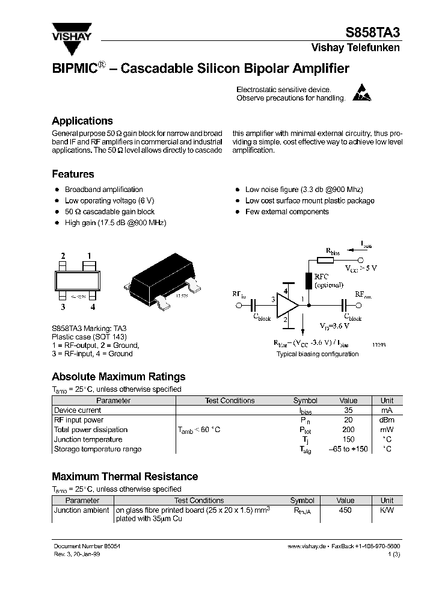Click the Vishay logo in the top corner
pyautogui.click(x=70, y=31)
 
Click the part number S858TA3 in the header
pyautogui.click(x=372, y=34)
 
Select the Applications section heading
pyautogui.click(x=82, y=120)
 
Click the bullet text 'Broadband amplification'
pyautogui.click(x=103, y=190)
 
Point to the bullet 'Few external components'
pyautogui.click(x=287, y=212)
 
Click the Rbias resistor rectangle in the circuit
pyautogui.click(x=325, y=261)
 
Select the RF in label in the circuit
pyautogui.click(x=239, y=294)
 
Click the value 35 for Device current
pyautogui.click(x=348, y=410)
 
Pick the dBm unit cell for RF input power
pyautogui.click(x=387, y=420)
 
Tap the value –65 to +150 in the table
pyautogui.click(x=348, y=449)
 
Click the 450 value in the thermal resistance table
pyautogui.click(x=345, y=510)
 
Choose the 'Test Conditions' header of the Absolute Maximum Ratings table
pyautogui.click(x=230, y=401)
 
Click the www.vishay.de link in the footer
pyautogui.click(x=307, y=546)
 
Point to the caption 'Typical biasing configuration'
pyautogui.click(x=318, y=354)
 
